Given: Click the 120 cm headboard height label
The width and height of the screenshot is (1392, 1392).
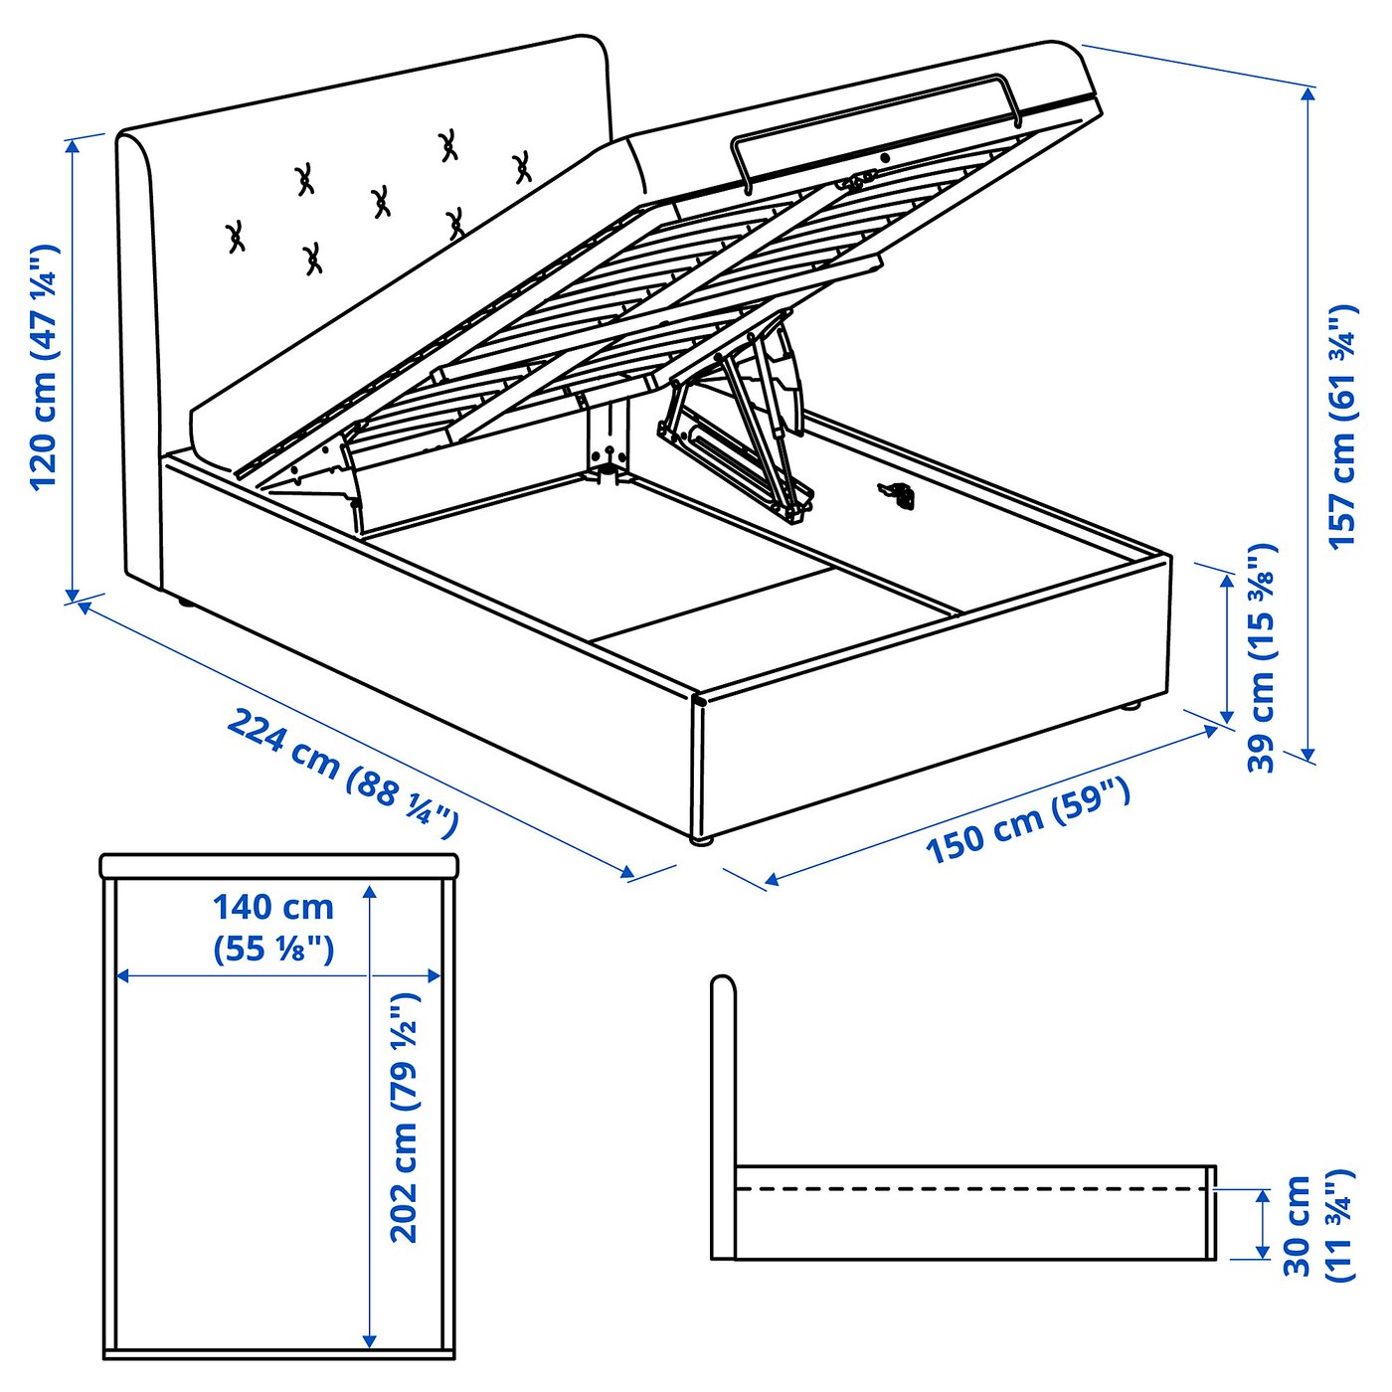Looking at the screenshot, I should pos(45,368).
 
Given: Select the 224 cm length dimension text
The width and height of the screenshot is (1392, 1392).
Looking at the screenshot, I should pos(342,767).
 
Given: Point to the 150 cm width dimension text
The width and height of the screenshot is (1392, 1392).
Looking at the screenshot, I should pos(1028,821).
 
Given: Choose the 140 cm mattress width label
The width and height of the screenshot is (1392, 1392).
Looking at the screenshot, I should pos(273,927).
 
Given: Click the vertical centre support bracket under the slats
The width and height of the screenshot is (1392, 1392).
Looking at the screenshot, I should pos(607,437).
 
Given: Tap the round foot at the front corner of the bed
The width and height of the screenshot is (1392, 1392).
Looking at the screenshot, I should pos(702,840).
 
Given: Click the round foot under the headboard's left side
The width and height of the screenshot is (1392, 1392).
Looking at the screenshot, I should pos(183,602).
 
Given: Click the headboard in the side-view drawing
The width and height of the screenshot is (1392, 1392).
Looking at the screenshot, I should pos(723,1114).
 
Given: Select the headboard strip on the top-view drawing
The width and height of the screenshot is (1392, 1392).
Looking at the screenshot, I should pos(278,865).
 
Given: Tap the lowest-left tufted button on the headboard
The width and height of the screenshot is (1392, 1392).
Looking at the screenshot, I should pos(236,237).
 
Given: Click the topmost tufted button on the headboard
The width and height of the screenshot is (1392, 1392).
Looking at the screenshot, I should pos(448,146).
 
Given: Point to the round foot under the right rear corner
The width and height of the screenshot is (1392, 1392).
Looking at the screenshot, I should pos(1130,707).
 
